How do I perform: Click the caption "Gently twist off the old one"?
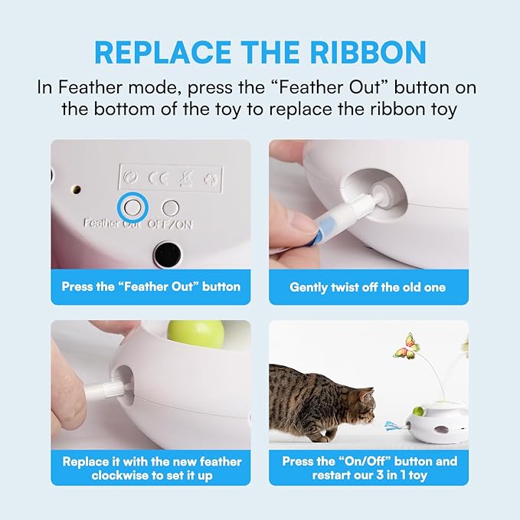(368, 287)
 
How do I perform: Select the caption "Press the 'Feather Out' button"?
(151, 287)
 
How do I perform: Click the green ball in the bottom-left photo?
(181, 335)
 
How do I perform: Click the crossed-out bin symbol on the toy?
(185, 178)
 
